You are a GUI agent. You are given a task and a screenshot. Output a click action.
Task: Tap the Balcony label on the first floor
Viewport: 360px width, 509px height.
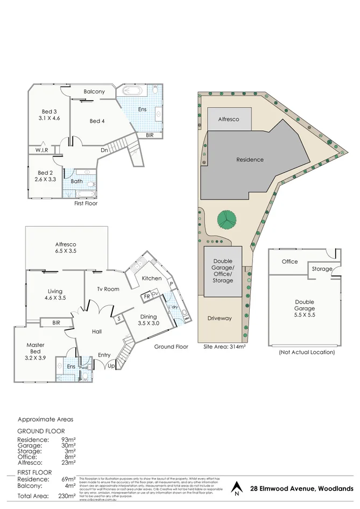[94, 92]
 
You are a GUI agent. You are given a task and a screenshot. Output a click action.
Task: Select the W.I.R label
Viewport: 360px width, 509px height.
[43, 150]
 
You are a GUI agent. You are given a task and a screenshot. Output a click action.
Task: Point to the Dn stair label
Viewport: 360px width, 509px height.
[103, 150]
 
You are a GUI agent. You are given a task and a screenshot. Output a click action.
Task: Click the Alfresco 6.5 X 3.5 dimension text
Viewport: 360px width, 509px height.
[65, 251]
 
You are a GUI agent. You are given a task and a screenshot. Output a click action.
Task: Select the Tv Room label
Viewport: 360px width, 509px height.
[108, 289]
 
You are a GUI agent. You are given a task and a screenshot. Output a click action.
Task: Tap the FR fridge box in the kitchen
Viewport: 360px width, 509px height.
[146, 296]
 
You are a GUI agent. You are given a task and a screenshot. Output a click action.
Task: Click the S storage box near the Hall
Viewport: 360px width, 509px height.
[118, 319]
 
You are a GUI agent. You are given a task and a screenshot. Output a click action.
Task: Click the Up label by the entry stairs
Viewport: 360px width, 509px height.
[111, 366]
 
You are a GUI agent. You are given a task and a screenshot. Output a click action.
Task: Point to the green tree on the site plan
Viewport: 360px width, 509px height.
[227, 220]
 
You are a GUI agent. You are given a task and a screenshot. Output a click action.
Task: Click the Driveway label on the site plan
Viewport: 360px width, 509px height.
[220, 318]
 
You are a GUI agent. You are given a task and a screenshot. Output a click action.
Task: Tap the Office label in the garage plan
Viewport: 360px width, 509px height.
[290, 261]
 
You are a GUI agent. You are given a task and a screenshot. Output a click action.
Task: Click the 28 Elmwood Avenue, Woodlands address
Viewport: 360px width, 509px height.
[302, 489]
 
